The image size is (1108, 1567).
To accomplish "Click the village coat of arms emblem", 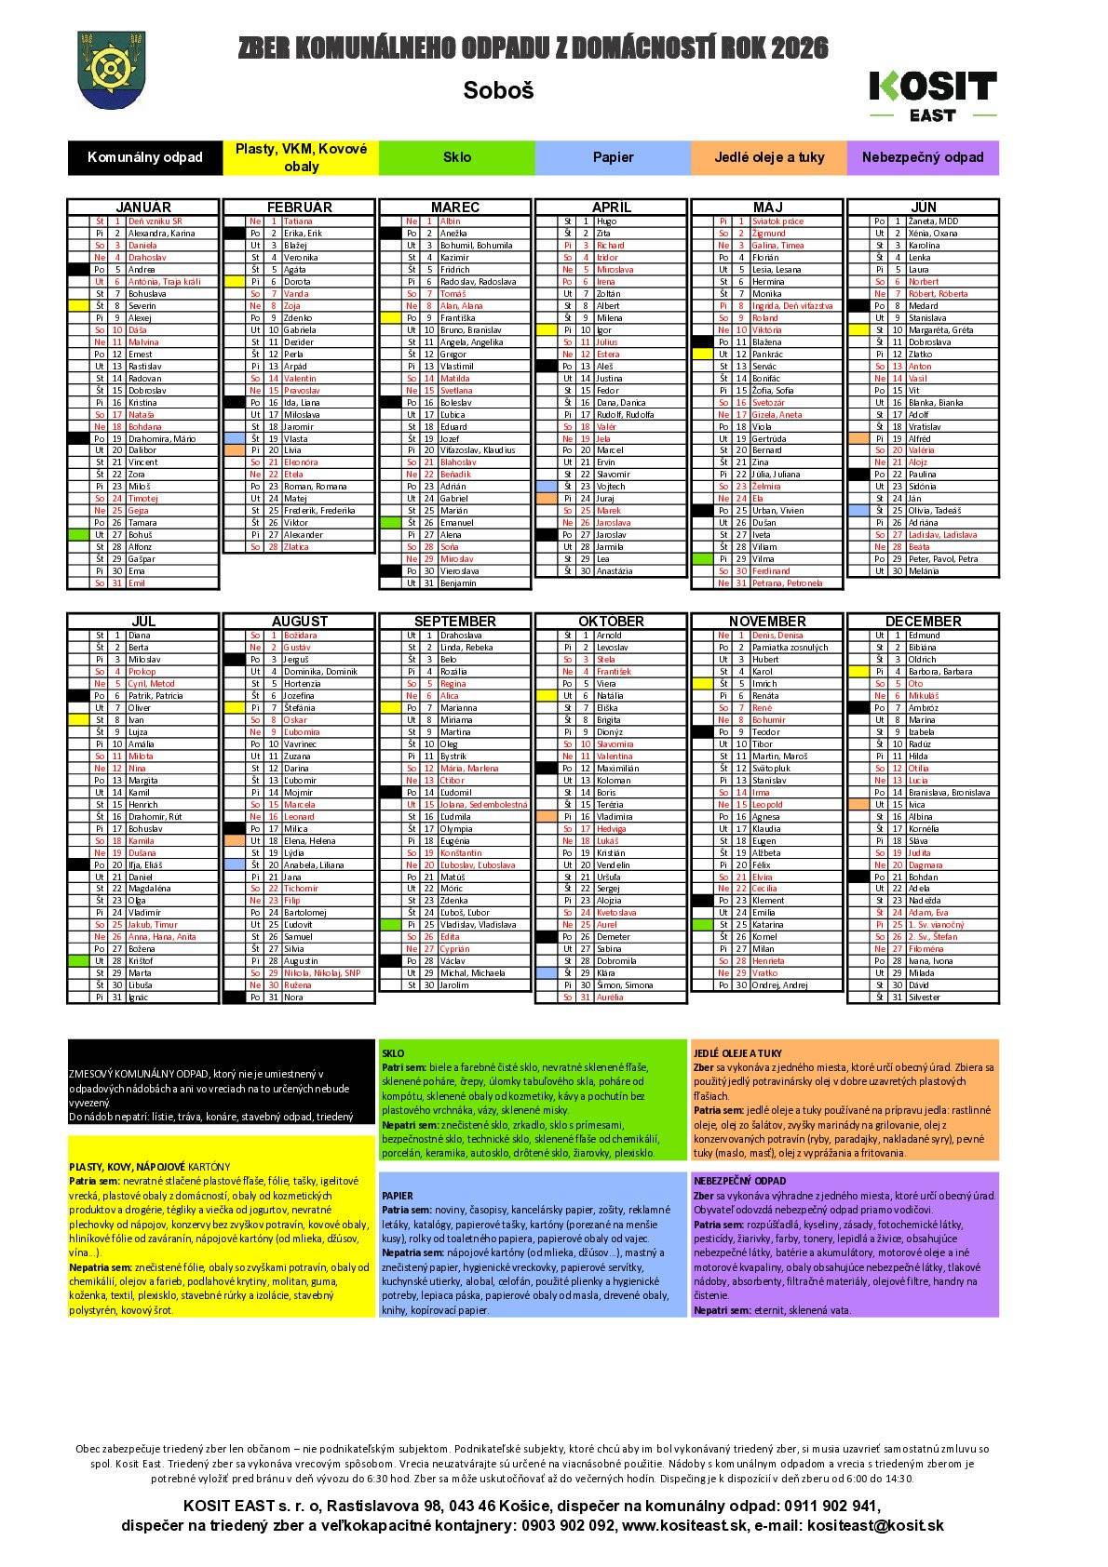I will tap(111, 71).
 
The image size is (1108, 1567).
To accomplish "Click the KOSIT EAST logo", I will tap(932, 95).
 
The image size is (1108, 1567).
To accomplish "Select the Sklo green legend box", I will tap(456, 157).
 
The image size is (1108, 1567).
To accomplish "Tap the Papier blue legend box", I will tap(613, 157).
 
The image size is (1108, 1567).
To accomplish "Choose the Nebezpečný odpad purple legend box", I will tap(922, 157).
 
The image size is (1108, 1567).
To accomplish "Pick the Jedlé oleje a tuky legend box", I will tap(769, 157).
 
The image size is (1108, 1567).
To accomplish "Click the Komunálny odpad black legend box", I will tap(144, 157).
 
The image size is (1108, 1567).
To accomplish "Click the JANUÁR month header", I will tap(143, 207).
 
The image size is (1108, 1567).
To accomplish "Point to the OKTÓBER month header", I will tap(612, 621).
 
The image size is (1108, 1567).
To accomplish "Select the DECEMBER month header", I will tap(923, 621).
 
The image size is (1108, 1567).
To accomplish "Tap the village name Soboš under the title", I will tap(498, 91).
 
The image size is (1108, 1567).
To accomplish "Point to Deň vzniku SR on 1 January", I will tap(155, 221).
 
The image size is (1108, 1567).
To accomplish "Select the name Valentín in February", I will tap(300, 379).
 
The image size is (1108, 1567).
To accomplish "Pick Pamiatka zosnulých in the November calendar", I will tap(789, 648).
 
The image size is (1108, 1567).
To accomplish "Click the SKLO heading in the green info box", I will tap(393, 1053).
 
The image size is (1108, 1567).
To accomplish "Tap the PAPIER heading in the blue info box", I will tap(397, 1196).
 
